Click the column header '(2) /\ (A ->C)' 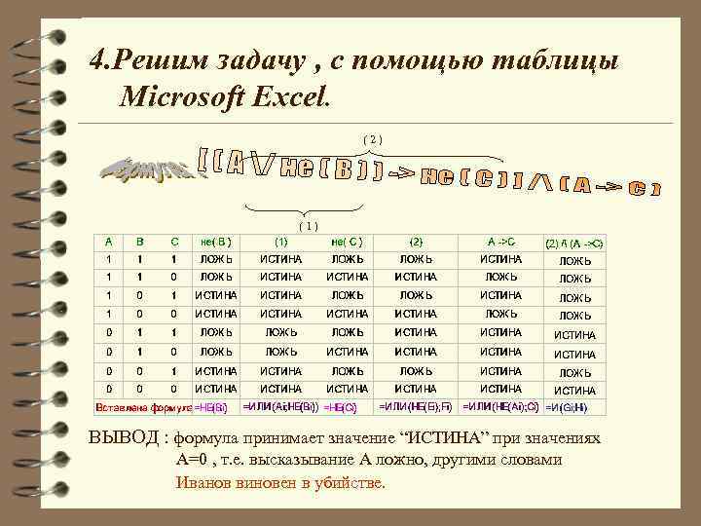click(574, 241)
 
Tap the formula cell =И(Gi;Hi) click(573, 406)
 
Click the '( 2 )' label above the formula click(373, 139)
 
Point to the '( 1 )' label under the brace click(307, 225)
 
